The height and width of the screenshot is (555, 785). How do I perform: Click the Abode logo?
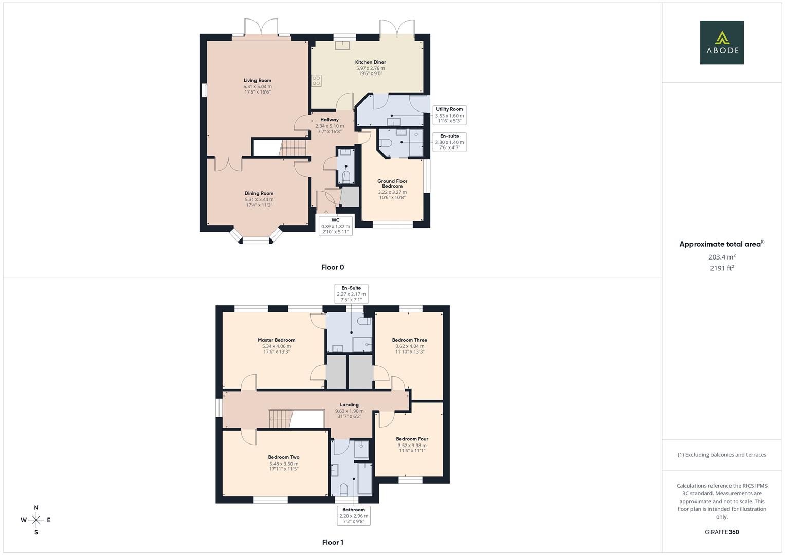click(x=722, y=43)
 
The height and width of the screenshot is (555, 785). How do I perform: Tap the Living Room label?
click(x=258, y=80)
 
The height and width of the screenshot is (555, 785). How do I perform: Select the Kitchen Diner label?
click(x=370, y=62)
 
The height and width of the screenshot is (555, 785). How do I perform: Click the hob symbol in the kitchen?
click(x=316, y=81)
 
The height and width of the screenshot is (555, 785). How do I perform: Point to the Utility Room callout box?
click(x=449, y=115)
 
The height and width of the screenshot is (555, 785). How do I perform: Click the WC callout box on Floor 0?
click(x=335, y=226)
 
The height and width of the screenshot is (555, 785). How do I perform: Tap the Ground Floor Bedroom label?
click(x=392, y=183)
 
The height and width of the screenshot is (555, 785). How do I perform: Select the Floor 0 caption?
click(x=333, y=267)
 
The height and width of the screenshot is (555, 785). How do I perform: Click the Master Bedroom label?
click(x=277, y=340)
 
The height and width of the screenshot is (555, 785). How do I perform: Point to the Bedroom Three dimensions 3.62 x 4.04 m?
click(x=410, y=346)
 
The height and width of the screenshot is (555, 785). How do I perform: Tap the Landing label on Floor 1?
click(x=349, y=405)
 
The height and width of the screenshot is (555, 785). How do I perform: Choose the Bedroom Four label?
click(x=412, y=439)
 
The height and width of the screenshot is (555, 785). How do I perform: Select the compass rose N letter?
click(x=36, y=508)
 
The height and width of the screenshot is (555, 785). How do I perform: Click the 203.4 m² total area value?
click(x=722, y=257)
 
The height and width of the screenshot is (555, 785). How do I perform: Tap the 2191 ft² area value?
click(x=722, y=268)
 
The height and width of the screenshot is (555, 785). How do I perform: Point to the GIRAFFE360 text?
click(x=722, y=532)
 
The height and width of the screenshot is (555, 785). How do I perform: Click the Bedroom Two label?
click(x=283, y=457)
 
